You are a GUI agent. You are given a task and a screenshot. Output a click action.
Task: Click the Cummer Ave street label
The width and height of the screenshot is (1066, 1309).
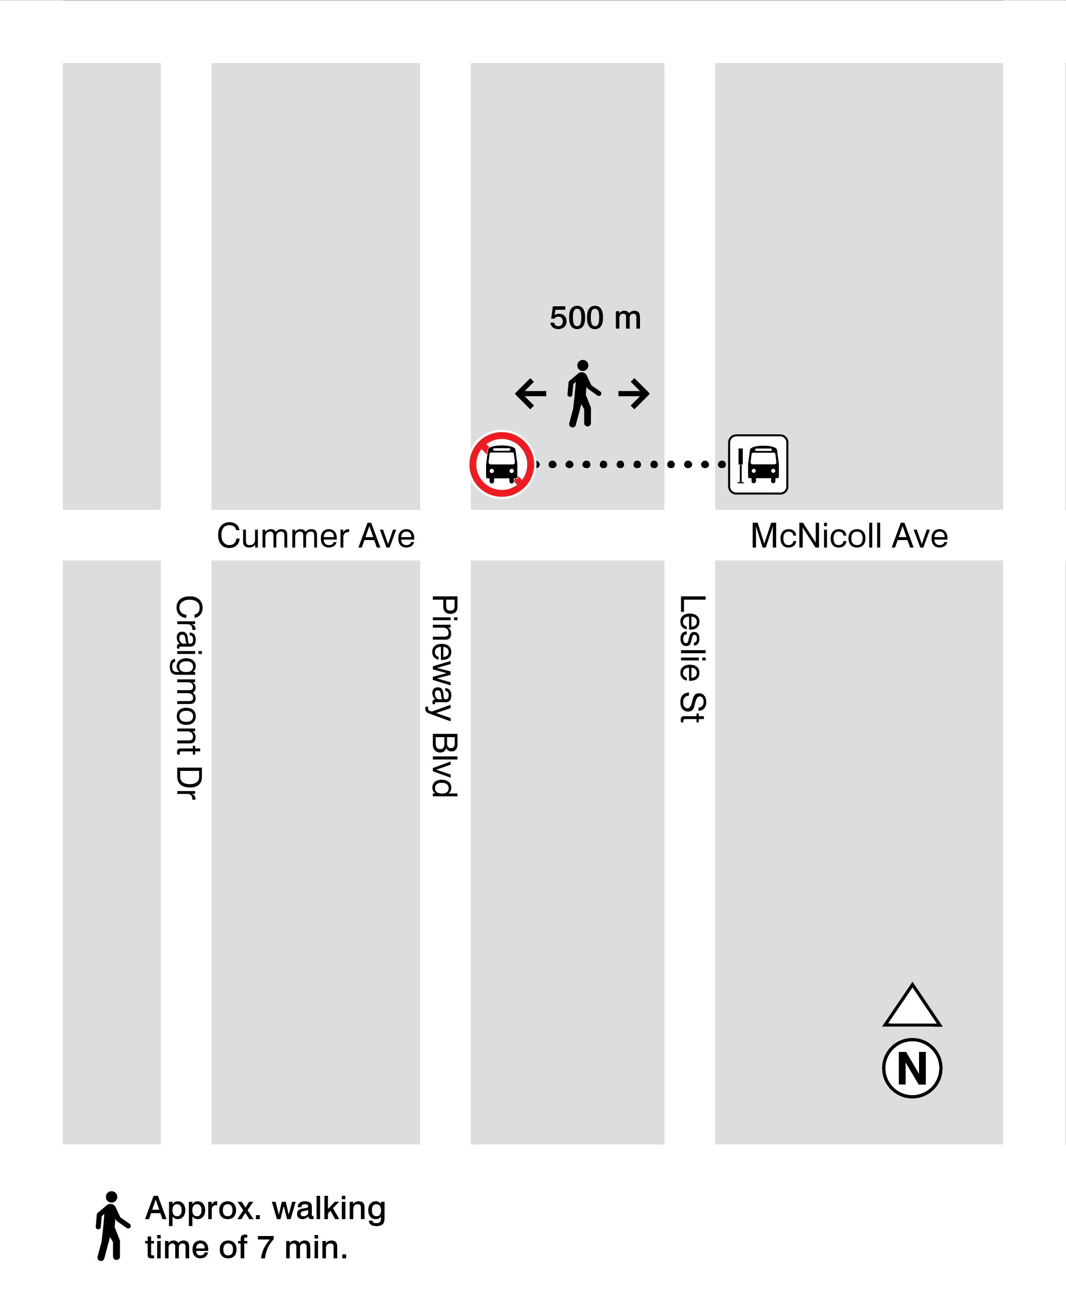pos(316,536)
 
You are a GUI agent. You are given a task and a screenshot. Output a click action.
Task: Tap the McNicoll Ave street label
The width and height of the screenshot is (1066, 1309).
pos(849,536)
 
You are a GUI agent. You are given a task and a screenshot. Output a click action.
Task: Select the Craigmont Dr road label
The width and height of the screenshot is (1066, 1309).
pos(189,697)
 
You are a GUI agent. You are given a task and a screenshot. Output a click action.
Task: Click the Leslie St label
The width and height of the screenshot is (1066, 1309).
pos(692,658)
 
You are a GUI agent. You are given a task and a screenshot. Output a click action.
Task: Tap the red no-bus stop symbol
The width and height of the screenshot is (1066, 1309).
pos(501,464)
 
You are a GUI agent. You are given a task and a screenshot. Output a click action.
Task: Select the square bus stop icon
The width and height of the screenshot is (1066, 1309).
pos(758,464)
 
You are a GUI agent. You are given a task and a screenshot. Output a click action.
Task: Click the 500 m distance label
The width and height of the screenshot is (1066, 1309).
pos(595,318)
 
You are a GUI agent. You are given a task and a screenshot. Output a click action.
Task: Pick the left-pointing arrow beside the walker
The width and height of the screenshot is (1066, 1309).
pos(531,394)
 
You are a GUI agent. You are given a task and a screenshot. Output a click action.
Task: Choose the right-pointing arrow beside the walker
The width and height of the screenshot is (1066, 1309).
pos(634,394)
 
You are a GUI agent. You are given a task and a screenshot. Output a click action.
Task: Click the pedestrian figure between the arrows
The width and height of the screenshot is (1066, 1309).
pos(582,394)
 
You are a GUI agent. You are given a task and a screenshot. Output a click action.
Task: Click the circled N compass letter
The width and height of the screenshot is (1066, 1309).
pos(912,1068)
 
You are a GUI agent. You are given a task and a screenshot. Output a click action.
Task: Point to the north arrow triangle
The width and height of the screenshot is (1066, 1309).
pos(912,1007)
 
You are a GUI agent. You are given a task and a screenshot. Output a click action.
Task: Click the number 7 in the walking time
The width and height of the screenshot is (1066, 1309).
pos(265,1247)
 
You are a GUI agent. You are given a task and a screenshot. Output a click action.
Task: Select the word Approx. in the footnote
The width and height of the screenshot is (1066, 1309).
pos(203,1208)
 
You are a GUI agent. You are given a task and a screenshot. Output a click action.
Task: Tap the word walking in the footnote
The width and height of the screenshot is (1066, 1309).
pos(329,1208)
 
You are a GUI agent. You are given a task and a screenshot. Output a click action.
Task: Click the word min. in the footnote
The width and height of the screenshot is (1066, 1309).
pos(316,1247)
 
